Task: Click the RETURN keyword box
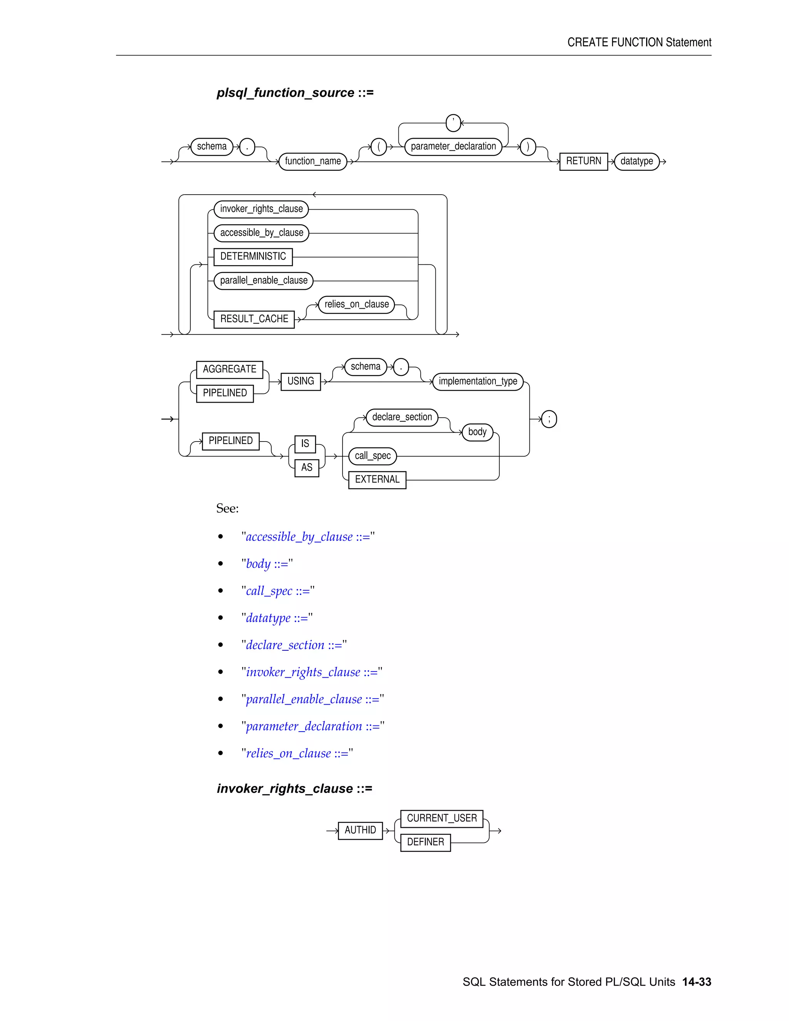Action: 583,161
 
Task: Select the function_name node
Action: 313,161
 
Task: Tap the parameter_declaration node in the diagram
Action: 453,146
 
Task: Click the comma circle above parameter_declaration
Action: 453,123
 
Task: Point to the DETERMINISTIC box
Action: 253,257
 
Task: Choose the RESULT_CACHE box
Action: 254,319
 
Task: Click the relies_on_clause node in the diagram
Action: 357,304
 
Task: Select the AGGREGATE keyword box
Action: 230,369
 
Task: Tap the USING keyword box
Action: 300,381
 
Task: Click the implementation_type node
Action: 478,381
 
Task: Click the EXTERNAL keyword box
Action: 377,480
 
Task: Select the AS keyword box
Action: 307,467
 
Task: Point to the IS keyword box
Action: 305,443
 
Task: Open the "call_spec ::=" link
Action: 278,591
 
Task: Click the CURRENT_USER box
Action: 442,819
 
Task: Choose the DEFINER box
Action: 425,842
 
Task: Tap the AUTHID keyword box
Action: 360,830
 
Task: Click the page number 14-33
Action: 697,982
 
